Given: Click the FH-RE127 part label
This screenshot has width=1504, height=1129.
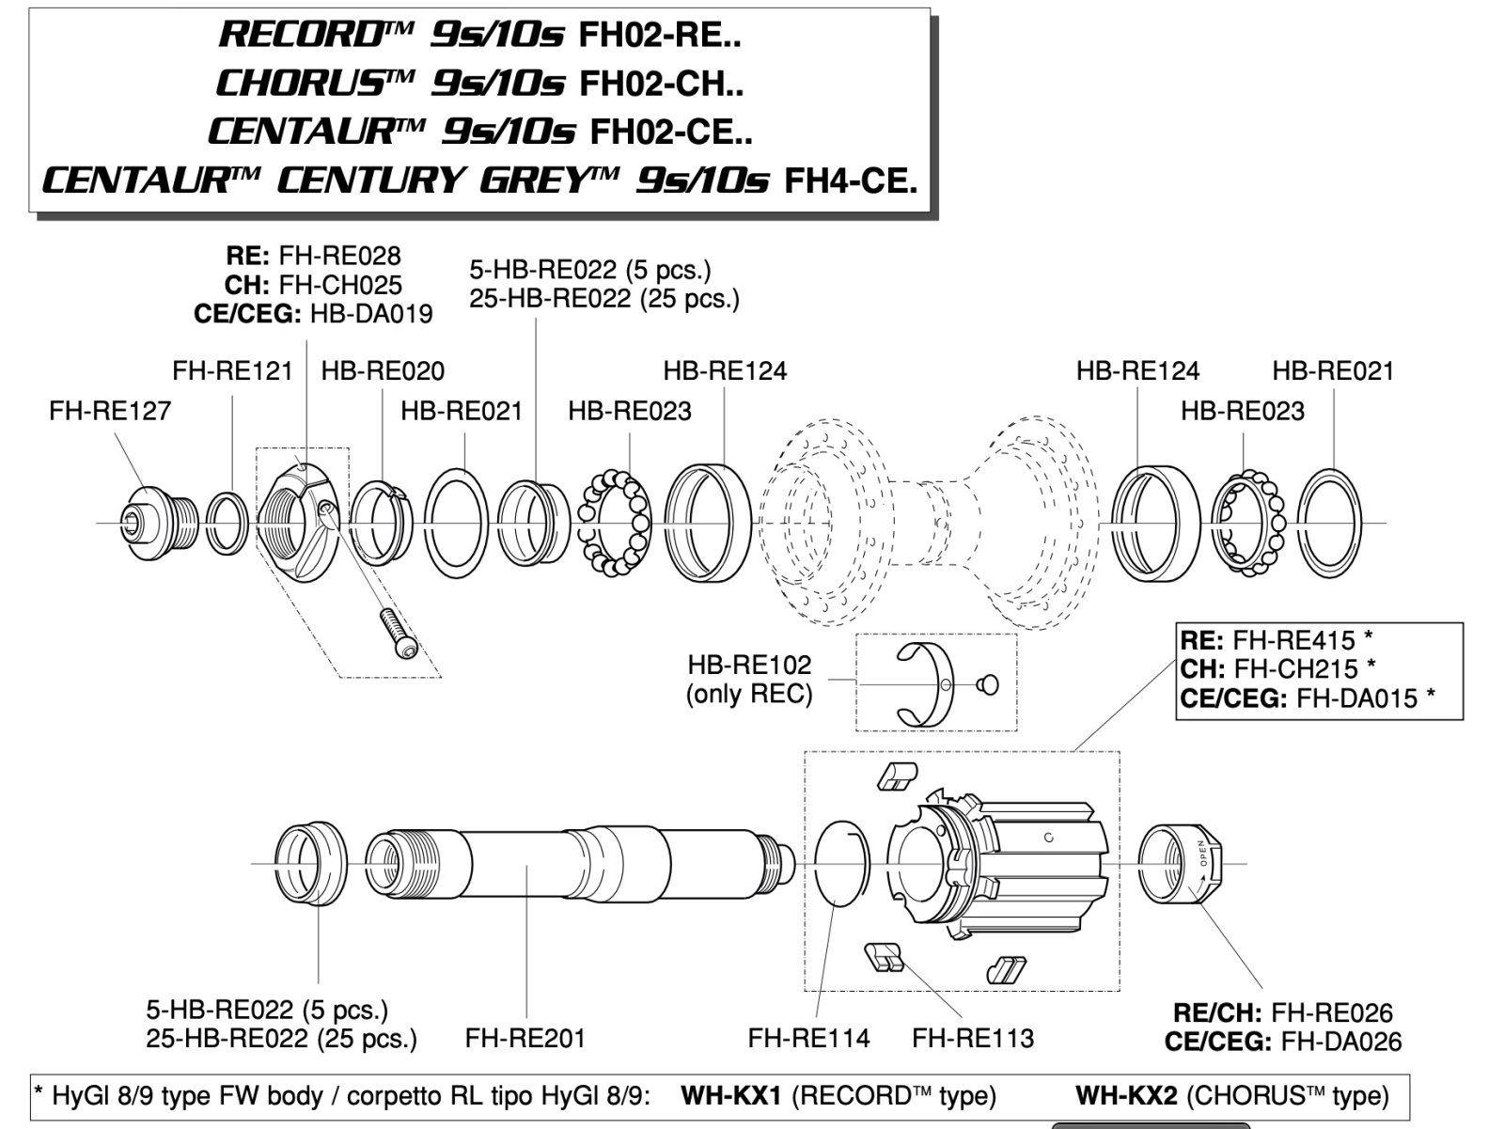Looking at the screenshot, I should [x=110, y=411].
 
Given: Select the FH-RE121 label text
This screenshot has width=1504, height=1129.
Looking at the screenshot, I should [x=232, y=371].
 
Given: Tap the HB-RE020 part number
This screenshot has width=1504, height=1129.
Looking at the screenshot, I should [x=383, y=371].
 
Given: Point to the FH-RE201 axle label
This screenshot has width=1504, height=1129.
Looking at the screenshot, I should [x=525, y=1039].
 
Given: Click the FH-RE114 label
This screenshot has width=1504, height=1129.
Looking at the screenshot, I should [x=808, y=1039].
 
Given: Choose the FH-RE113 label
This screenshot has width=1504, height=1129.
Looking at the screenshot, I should [x=973, y=1039].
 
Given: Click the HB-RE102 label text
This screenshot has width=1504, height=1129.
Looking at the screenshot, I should [x=749, y=666].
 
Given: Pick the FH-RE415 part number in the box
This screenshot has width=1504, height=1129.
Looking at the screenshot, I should [x=1293, y=641].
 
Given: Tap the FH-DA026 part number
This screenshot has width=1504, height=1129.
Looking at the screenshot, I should [x=1341, y=1042].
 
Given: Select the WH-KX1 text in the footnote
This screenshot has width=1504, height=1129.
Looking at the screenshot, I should [x=730, y=1096].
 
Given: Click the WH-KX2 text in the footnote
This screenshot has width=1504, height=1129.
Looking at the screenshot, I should [x=1125, y=1096].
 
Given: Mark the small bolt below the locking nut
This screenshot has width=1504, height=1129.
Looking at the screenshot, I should [x=398, y=635].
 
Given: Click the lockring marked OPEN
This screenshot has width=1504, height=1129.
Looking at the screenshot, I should [x=1180, y=862].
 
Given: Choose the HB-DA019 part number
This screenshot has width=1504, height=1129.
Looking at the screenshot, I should [x=371, y=314].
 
